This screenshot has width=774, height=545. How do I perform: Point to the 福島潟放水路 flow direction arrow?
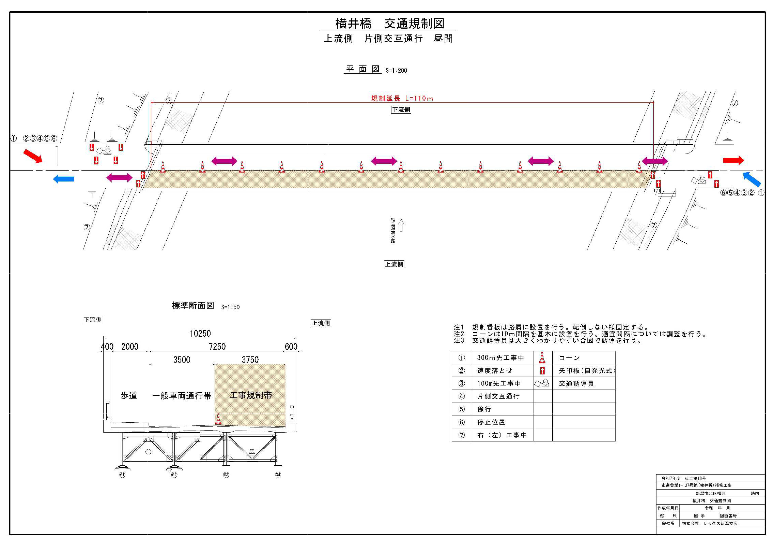click(401, 225)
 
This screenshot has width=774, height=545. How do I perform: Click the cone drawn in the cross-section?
click(218, 419)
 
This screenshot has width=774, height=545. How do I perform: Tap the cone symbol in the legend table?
click(542, 358)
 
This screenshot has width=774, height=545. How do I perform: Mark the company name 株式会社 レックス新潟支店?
click(709, 524)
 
